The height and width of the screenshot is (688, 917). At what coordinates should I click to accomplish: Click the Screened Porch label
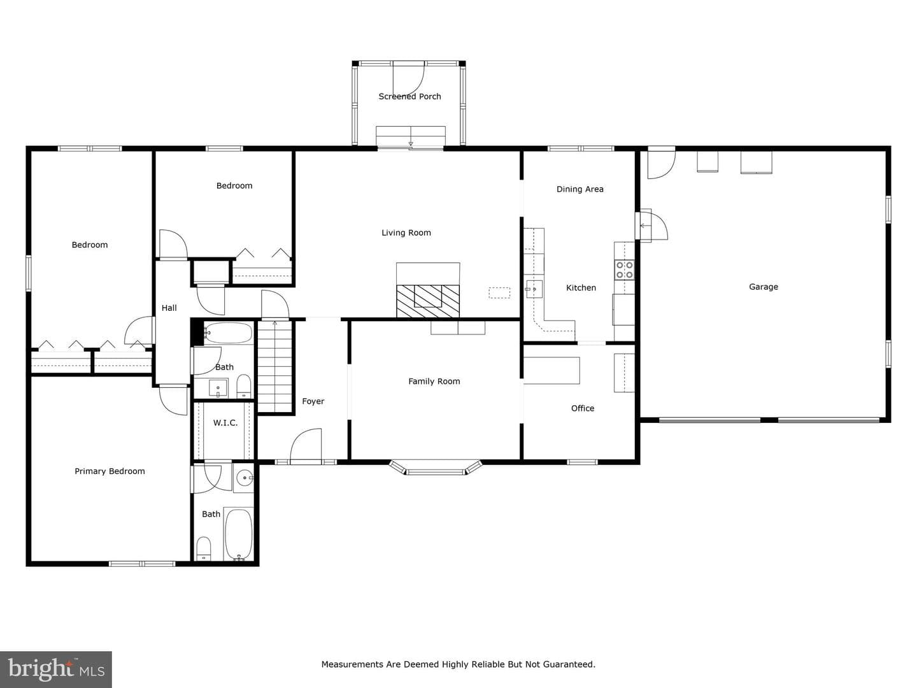click(409, 96)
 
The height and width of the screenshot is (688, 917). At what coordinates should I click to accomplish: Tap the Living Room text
click(406, 233)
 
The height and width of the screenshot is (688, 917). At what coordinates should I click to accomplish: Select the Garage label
click(764, 287)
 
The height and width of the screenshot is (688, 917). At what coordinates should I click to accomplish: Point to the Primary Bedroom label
click(110, 471)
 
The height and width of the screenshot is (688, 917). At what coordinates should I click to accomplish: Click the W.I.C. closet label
click(225, 423)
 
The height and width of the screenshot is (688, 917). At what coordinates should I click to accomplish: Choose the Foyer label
click(313, 401)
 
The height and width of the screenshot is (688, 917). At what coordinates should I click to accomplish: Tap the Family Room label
click(434, 382)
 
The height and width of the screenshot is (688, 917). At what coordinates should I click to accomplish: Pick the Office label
click(583, 408)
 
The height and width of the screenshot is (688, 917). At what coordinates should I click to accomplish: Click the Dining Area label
click(580, 189)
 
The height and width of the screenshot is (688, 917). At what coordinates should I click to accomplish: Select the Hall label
click(169, 308)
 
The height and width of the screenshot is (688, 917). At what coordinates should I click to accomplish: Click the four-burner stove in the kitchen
click(624, 269)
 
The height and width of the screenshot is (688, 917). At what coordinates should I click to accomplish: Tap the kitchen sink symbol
click(534, 289)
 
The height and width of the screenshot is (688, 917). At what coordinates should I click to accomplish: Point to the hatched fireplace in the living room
click(428, 301)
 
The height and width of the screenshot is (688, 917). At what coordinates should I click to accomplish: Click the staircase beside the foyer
click(274, 366)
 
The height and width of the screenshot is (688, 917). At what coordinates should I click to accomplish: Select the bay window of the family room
click(436, 468)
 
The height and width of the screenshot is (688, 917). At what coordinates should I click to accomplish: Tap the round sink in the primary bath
click(244, 478)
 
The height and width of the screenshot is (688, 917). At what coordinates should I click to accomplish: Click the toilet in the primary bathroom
click(203, 548)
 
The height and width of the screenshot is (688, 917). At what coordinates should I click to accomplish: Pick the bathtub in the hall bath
click(228, 333)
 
